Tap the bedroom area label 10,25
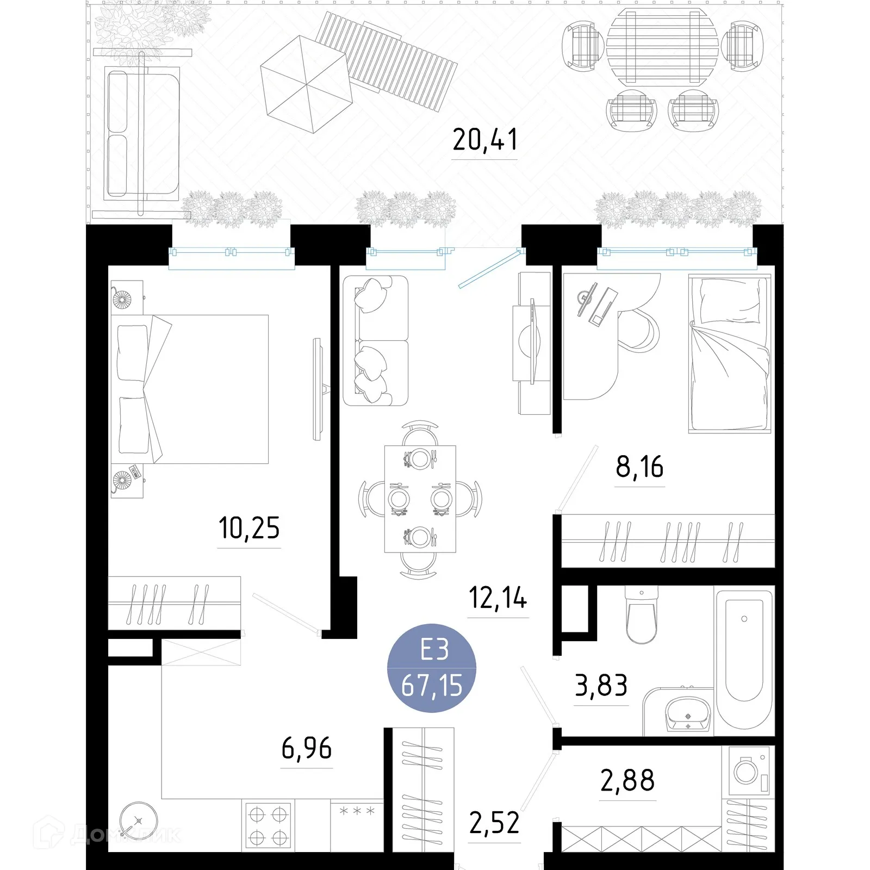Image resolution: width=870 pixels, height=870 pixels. pos(249,528)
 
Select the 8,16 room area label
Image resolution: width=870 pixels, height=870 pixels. pos(639,467)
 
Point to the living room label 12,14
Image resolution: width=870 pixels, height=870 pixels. pos(498,598)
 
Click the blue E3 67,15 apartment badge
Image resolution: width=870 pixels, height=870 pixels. pos(432,668)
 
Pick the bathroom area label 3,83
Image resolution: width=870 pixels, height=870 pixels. pos(601,686)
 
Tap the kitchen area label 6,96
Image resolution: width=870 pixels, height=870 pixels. pos(307,749)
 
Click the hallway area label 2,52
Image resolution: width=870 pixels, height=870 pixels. pos(494,823)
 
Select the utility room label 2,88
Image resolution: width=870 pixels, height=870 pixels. pos(627,781)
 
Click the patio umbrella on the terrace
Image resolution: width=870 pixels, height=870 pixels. pos(307,84)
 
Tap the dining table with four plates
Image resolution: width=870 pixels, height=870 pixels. pos(420,499)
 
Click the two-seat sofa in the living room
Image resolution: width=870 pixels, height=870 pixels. pos(376,341)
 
